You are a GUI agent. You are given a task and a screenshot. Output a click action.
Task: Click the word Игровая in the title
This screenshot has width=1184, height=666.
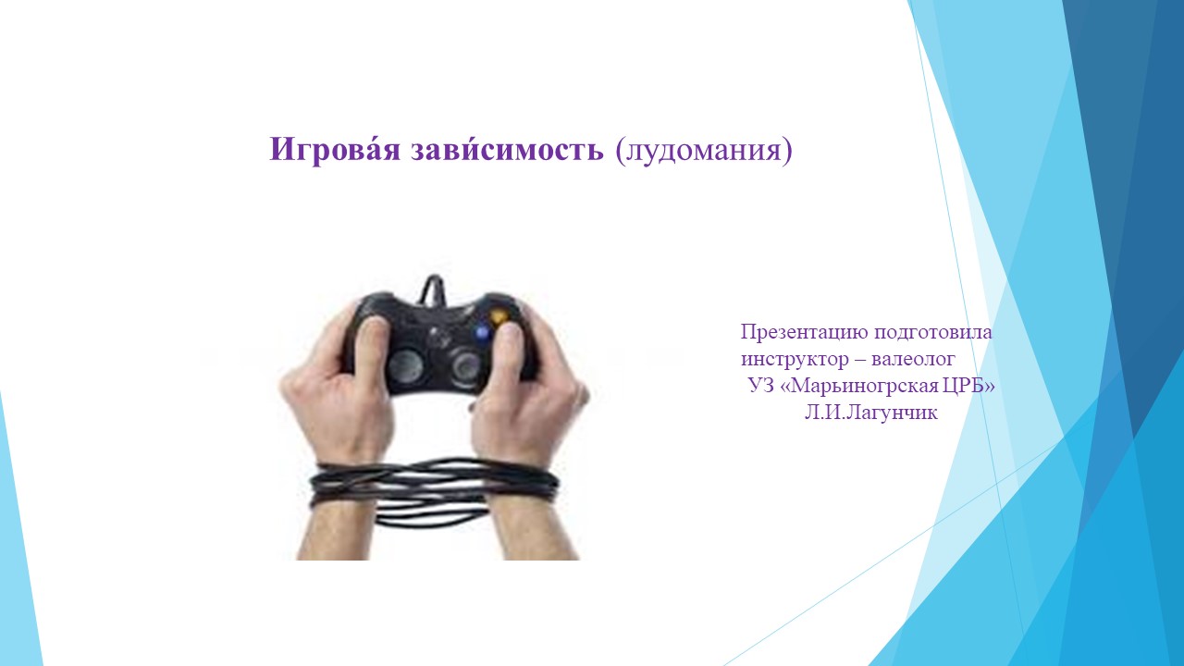pyautogui.click(x=335, y=149)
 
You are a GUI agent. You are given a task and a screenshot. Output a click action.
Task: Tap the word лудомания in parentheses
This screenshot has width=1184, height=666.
pyautogui.click(x=704, y=150)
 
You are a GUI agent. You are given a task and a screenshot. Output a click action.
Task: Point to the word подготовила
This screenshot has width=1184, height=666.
pyautogui.click(x=933, y=333)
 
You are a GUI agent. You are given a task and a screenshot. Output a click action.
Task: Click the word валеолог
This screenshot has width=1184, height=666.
pyautogui.click(x=913, y=359)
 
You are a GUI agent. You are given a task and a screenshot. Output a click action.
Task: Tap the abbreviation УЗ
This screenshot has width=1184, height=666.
pyautogui.click(x=760, y=386)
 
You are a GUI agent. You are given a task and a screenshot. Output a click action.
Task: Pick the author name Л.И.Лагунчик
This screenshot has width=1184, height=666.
pyautogui.click(x=871, y=413)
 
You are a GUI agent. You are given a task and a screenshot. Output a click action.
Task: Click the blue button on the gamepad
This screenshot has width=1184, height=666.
pyautogui.click(x=482, y=333)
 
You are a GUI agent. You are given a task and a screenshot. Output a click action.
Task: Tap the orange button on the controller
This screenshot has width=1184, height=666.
pyautogui.click(x=499, y=316)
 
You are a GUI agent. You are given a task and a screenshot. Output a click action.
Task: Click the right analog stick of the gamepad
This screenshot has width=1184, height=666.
pyautogui.click(x=466, y=364)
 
